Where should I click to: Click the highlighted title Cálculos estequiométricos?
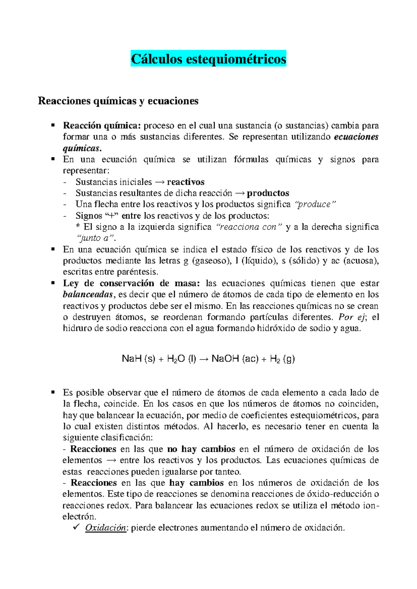pyautogui.click(x=208, y=59)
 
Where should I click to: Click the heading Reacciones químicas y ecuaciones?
pyautogui.click(x=118, y=101)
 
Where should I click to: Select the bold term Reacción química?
pyautogui.click(x=102, y=125)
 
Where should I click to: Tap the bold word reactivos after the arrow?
pyautogui.click(x=186, y=182)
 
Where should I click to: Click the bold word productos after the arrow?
pyautogui.click(x=268, y=193)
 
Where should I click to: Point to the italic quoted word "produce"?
pyautogui.click(x=315, y=204)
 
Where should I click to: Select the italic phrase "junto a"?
pyautogui.click(x=95, y=238)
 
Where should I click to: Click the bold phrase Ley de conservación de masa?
pyautogui.click(x=131, y=283)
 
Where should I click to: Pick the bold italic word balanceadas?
pyautogui.click(x=88, y=294)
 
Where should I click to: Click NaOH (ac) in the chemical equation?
pyautogui.click(x=235, y=359)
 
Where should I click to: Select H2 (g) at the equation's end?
pyautogui.click(x=282, y=359)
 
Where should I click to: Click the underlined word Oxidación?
pyautogui.click(x=106, y=528)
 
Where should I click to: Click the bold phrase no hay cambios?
pyautogui.click(x=201, y=449)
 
